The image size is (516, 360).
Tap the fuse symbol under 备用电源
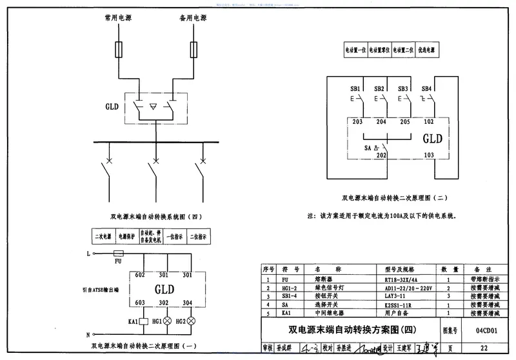coord(193,48)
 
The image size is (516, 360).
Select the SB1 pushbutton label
coord(355,88)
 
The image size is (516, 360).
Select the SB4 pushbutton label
coord(426,88)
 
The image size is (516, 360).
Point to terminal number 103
coord(428,155)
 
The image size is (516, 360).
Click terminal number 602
coord(140,274)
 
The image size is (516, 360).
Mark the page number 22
coord(493,348)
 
